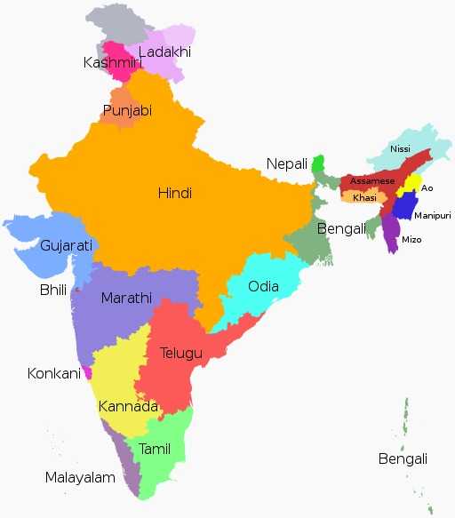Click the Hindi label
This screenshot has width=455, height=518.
click(175, 193)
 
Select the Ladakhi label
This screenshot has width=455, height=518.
click(164, 52)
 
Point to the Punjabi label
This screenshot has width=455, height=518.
click(127, 111)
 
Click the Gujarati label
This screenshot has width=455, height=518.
click(67, 245)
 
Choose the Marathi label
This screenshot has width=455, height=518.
click(126, 298)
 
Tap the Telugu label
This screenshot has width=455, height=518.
click(181, 353)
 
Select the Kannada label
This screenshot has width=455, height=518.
click(129, 407)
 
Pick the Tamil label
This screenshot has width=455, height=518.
click(155, 449)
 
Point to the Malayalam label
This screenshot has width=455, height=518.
click(81, 478)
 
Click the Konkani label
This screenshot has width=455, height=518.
click(54, 373)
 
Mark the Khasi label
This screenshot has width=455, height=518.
click(364, 197)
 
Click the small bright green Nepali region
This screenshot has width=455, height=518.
click(317, 164)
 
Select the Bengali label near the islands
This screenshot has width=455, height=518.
click(403, 459)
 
